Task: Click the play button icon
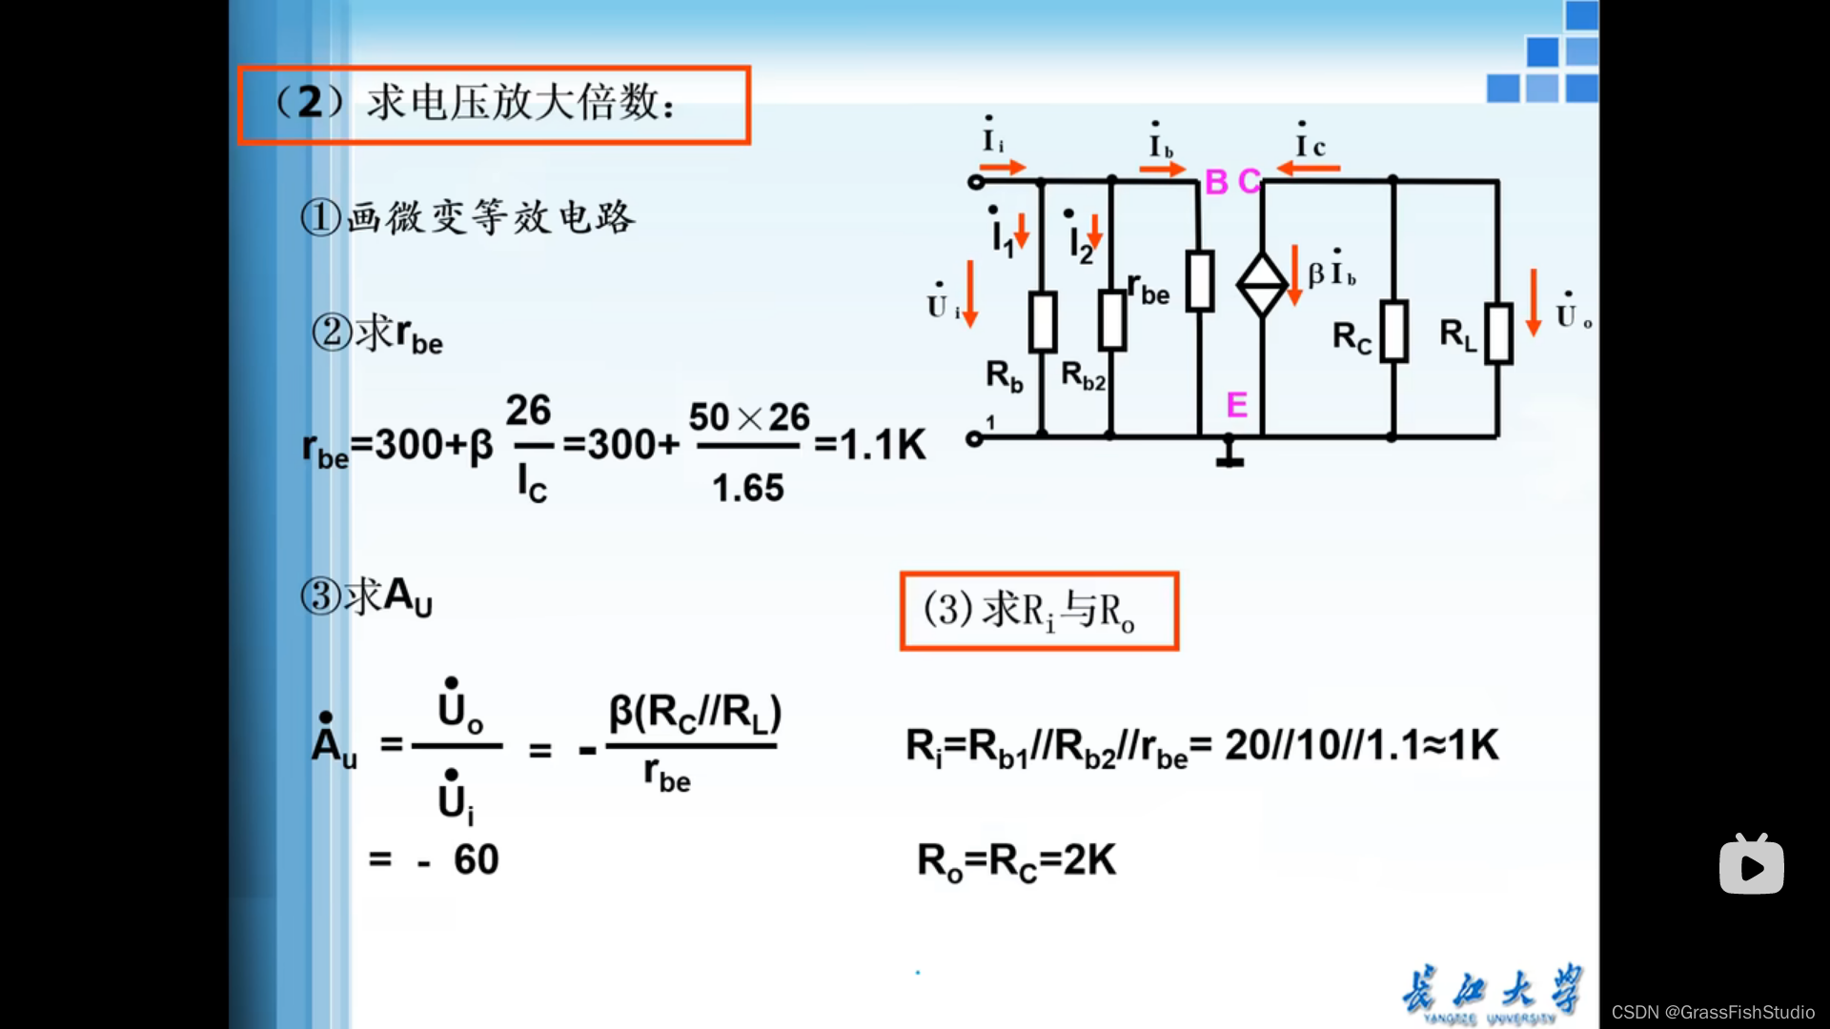tap(1751, 865)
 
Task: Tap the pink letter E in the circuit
tap(1236, 405)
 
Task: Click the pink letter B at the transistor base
tap(1216, 181)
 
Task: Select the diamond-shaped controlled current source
tap(1262, 284)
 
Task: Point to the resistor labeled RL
tap(1497, 333)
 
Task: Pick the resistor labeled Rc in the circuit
tap(1393, 332)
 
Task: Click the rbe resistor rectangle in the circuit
tap(1199, 281)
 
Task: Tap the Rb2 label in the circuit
tap(1084, 375)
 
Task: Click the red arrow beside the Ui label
tap(970, 293)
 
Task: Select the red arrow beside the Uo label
tap(1533, 303)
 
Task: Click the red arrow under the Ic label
tap(1308, 169)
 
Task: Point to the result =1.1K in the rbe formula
tap(870, 444)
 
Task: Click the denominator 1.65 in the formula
tap(748, 488)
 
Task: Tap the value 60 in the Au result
tap(476, 859)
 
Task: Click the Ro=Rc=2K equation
tap(1016, 860)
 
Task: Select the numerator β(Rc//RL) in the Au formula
tap(695, 713)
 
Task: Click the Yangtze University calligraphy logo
tap(1491, 993)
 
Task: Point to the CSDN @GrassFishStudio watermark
tap(1713, 1012)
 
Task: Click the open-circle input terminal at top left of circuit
tap(975, 181)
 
